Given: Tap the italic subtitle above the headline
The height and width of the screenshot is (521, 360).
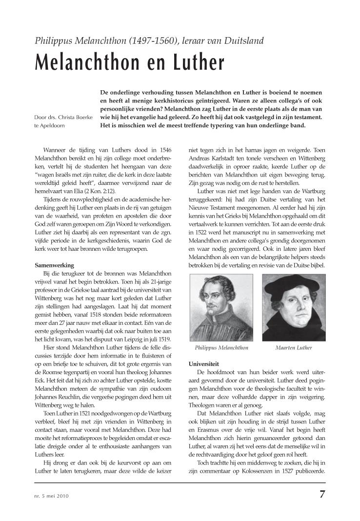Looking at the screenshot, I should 149,40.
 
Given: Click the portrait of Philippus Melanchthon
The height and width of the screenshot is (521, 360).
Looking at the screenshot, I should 221,307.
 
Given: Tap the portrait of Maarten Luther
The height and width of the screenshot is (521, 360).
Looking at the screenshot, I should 294,307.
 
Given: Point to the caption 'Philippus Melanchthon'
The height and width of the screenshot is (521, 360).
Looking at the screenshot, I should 221,348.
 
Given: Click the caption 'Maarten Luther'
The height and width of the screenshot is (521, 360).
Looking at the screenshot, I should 294,348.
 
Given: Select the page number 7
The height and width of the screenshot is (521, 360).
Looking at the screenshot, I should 322,493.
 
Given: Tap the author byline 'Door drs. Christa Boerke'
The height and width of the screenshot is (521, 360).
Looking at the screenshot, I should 62,117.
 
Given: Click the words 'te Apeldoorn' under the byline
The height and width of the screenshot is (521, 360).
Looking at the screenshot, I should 49,126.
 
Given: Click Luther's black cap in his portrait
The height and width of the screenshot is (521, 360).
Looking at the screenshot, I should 294,285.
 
